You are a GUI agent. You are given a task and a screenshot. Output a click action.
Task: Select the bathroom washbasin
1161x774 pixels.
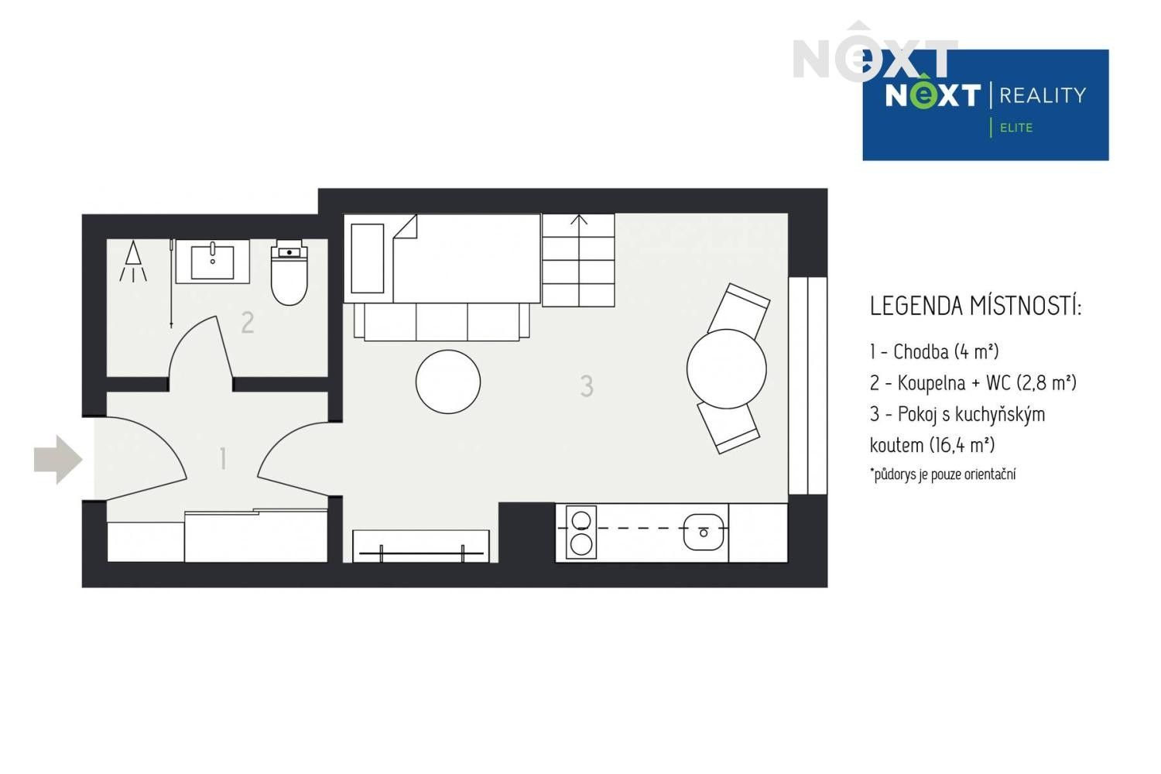coord(213,261)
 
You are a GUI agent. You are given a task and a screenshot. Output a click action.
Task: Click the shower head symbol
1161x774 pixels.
coord(134,261)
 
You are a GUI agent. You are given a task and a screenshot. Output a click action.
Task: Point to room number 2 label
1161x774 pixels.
coord(247,322)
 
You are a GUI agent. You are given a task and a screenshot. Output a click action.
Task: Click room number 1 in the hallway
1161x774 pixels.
coord(223,458)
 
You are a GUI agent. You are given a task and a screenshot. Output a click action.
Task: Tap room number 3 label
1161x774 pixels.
coord(587,385)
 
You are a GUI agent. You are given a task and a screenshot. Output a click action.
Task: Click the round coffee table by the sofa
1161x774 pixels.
coord(447,382)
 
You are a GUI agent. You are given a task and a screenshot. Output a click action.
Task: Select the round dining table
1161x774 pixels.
coord(726,368)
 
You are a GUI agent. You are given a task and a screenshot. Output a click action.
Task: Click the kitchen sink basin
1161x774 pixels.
coord(704,533)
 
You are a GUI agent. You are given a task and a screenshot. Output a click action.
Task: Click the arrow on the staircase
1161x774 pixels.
coord(579,221)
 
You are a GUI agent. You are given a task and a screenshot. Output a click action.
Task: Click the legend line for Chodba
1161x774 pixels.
coord(933,352)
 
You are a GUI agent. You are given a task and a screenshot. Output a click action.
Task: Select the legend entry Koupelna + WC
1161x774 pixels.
coord(972,383)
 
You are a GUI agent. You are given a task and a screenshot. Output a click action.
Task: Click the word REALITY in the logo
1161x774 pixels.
coord(1043,95)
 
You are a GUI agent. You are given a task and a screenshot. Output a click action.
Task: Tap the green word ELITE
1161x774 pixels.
coord(1016,128)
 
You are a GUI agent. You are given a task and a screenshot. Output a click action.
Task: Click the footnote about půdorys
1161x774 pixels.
coord(943,474)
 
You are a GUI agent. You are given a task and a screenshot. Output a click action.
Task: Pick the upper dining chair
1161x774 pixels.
coord(739,308)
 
